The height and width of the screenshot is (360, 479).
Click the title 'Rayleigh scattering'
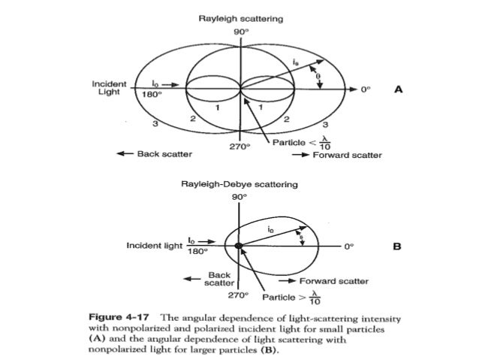point(239,17)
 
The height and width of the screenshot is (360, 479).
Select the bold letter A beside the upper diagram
point(399,88)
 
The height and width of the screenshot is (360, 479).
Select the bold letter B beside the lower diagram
point(399,245)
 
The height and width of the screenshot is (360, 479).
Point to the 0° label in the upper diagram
point(366,89)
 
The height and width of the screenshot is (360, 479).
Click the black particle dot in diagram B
point(238,245)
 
